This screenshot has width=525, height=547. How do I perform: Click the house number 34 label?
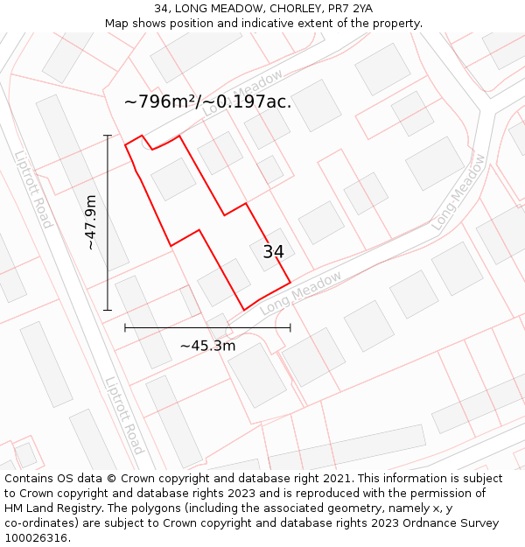pyautogui.click(x=273, y=252)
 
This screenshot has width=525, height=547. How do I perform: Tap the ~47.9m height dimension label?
pyautogui.click(x=91, y=222)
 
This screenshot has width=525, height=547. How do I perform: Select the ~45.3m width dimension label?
pyautogui.click(x=207, y=346)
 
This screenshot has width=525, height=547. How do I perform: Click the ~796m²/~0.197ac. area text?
pyautogui.click(x=207, y=102)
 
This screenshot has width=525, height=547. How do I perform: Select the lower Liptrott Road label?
pyautogui.click(x=124, y=416)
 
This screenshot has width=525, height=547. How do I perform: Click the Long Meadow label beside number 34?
pyautogui.click(x=300, y=293)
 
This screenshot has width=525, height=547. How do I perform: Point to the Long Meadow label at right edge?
pyautogui.click(x=458, y=193)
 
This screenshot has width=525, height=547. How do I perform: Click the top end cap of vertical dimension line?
pyautogui.click(x=108, y=136)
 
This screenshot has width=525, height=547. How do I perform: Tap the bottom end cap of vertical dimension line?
pyautogui.click(x=108, y=310)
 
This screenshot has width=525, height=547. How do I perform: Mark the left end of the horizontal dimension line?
pyautogui.click(x=125, y=328)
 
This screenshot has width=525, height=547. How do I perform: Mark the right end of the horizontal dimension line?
pyautogui.click(x=290, y=328)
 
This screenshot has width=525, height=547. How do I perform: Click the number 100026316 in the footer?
pyautogui.click(x=35, y=538)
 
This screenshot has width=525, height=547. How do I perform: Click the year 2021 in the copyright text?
pyautogui.click(x=336, y=479)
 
